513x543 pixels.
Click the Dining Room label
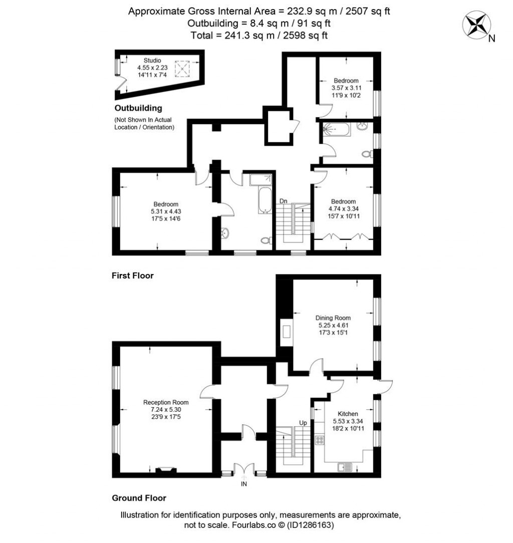333,318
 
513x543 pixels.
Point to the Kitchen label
348,414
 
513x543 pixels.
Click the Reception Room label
166,402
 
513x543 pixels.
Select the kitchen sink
345,467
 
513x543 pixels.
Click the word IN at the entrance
244,484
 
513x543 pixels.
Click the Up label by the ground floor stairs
303,423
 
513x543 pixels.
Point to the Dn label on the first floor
283,201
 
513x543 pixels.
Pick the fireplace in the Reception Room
165,470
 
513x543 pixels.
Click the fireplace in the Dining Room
287,333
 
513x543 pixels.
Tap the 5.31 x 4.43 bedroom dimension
166,211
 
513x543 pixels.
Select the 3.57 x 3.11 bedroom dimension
346,88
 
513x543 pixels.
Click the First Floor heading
133,276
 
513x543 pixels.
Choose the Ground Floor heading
139,498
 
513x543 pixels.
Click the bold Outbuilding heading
138,108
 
